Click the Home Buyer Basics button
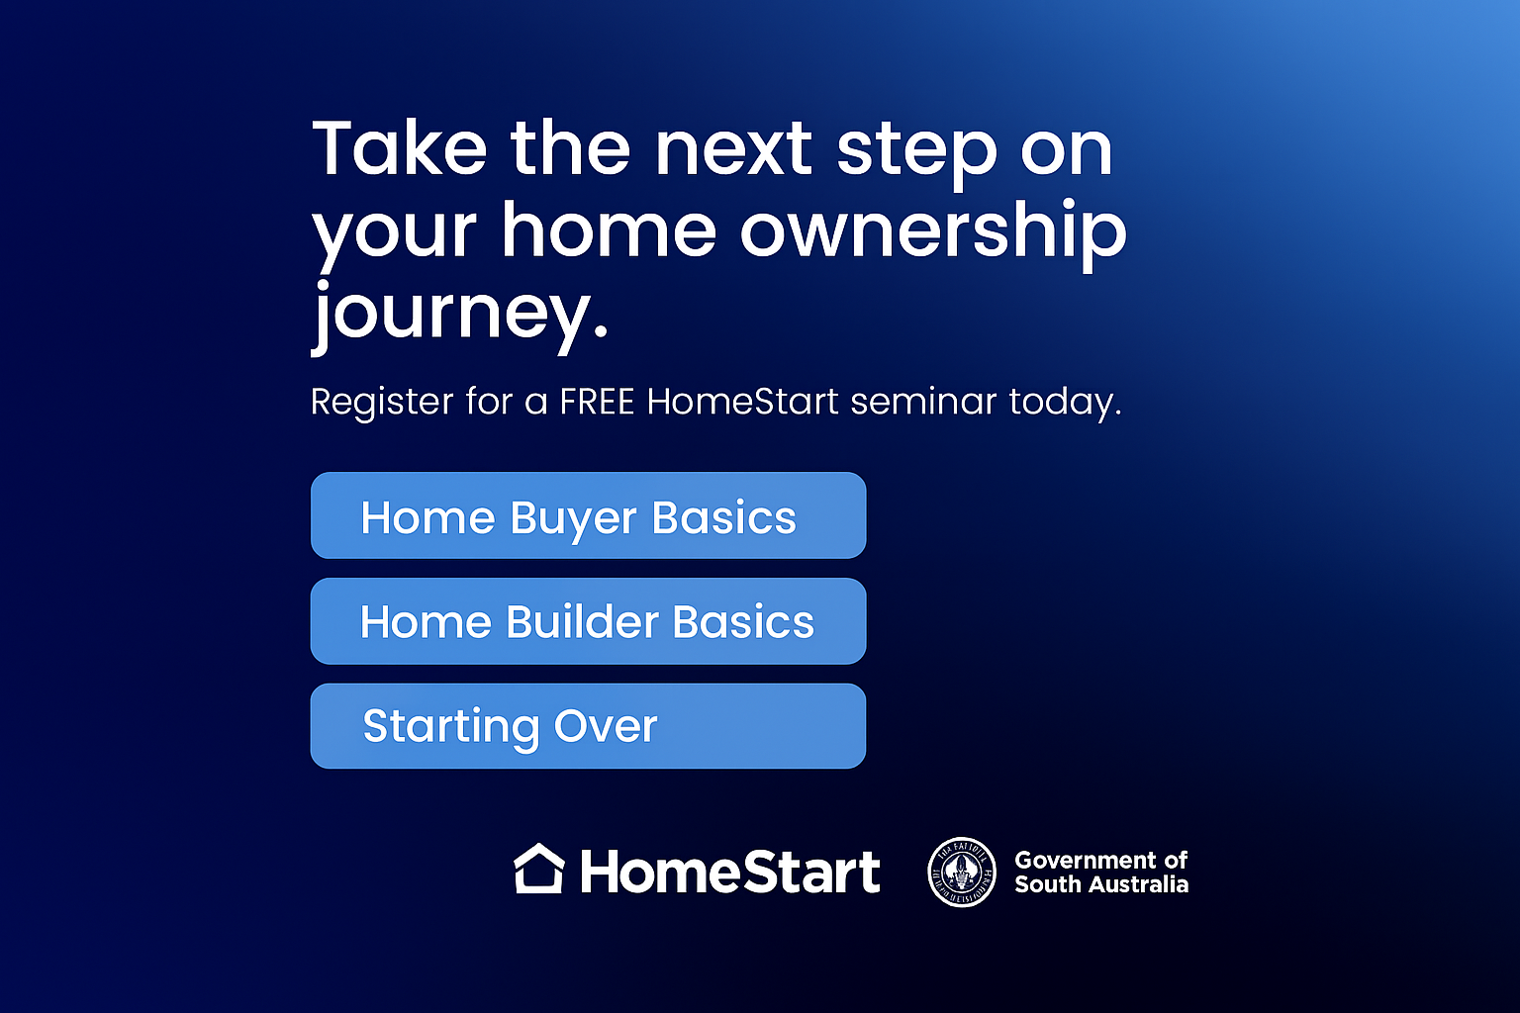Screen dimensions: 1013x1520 click(x=588, y=515)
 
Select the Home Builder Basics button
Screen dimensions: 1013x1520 click(x=588, y=621)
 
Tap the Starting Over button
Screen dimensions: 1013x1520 click(x=588, y=726)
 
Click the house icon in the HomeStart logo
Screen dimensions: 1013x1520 click(x=539, y=870)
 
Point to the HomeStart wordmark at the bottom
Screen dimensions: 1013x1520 click(x=729, y=873)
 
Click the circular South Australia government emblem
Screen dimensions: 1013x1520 click(x=961, y=873)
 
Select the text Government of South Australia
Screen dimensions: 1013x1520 click(x=1100, y=873)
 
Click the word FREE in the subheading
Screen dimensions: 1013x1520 click(x=596, y=402)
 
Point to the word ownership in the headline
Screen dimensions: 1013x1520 click(x=932, y=231)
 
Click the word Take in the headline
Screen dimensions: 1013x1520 click(x=400, y=149)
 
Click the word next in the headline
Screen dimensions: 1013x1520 click(x=733, y=149)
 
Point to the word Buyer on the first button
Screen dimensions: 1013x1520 click(x=573, y=518)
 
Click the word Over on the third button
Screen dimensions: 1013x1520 click(x=606, y=726)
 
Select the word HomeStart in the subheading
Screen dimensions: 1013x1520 click(x=742, y=402)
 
